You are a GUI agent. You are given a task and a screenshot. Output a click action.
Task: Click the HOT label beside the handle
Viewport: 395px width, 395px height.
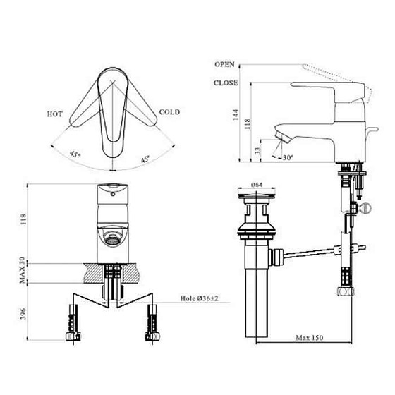pos(56,113)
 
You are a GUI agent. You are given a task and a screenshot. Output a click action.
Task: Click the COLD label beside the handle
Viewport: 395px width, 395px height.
pos(171,111)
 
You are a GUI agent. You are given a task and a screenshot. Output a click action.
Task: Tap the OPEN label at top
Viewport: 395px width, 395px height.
pos(224,63)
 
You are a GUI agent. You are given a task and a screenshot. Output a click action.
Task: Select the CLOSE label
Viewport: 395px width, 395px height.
pos(226,83)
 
